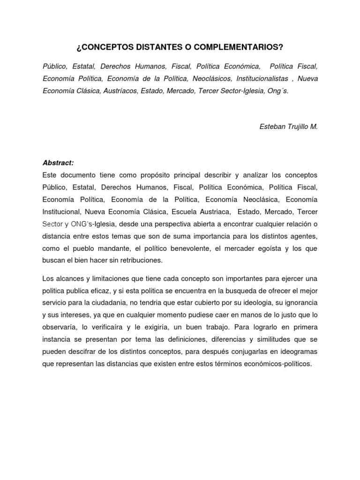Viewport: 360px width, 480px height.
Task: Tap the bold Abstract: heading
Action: coord(58,163)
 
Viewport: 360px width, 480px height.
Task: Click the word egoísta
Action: coord(266,248)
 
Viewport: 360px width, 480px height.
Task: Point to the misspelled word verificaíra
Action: coord(118,327)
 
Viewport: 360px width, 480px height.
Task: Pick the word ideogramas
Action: coord(296,352)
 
